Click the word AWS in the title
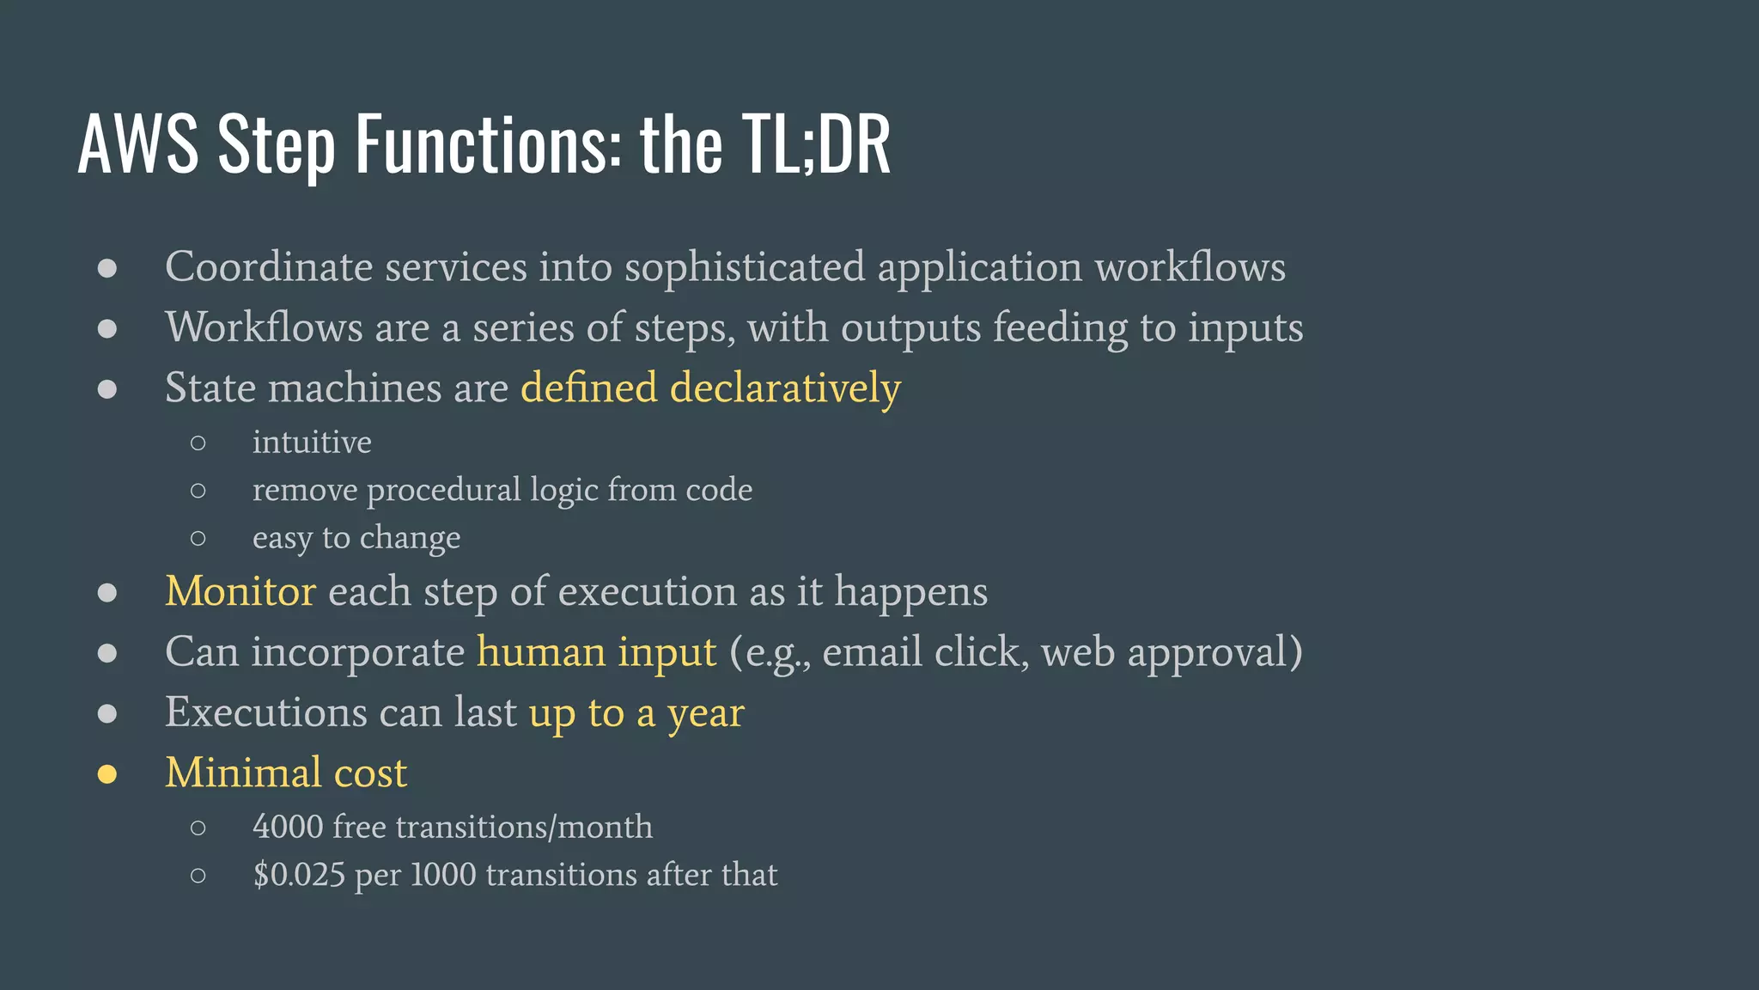(x=137, y=144)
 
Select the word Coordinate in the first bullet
(x=269, y=267)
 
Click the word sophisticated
(x=744, y=267)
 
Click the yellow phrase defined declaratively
(x=710, y=388)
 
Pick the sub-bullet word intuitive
(x=312, y=443)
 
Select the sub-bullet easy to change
(x=356, y=538)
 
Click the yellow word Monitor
(x=240, y=592)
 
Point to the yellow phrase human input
(x=596, y=652)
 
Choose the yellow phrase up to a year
(x=636, y=713)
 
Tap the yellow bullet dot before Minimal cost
(x=107, y=774)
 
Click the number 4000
(x=288, y=828)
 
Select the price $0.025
(x=299, y=876)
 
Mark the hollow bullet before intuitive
(x=198, y=443)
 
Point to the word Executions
(x=266, y=713)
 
